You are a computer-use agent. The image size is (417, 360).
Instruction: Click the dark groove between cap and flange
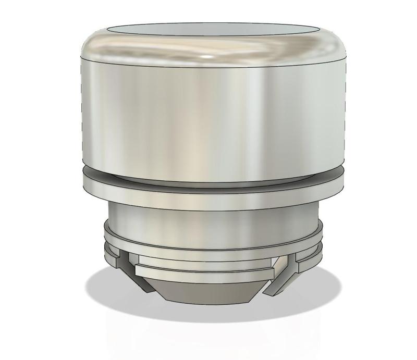point(208,180)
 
